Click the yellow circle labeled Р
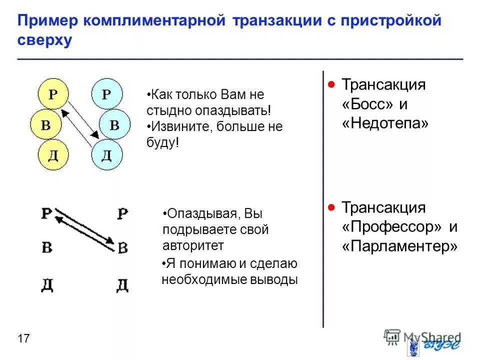click(x=53, y=94)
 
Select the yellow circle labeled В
click(x=45, y=124)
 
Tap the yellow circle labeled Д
click(x=53, y=155)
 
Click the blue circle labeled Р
click(x=106, y=94)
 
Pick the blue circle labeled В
click(x=114, y=124)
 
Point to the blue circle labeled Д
click(x=106, y=155)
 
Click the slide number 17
click(x=23, y=339)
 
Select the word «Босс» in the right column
click(x=366, y=104)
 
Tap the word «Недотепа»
click(x=385, y=124)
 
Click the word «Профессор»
click(x=392, y=227)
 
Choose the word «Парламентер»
click(x=400, y=246)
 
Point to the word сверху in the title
click(x=45, y=40)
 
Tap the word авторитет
click(x=193, y=245)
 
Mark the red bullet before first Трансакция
click(x=331, y=84)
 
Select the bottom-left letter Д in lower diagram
click(x=47, y=285)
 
